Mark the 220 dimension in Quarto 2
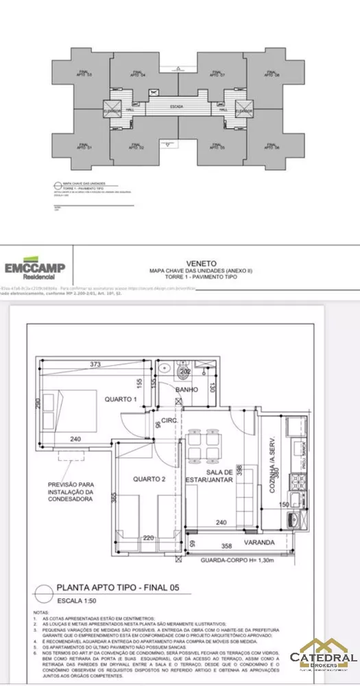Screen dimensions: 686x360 [x=150, y=539]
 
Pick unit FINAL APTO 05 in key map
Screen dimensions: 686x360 [x=219, y=146]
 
